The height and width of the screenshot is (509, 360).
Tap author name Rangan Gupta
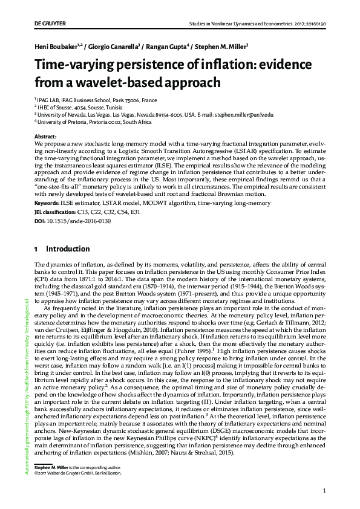click(x=166, y=46)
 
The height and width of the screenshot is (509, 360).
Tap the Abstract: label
click(x=46, y=137)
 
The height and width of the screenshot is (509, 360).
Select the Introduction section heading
click(x=68, y=248)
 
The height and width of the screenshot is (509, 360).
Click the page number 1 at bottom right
click(x=324, y=490)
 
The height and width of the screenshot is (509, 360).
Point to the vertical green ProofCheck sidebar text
click(x=26, y=387)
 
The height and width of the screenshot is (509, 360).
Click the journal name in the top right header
click(x=257, y=25)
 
